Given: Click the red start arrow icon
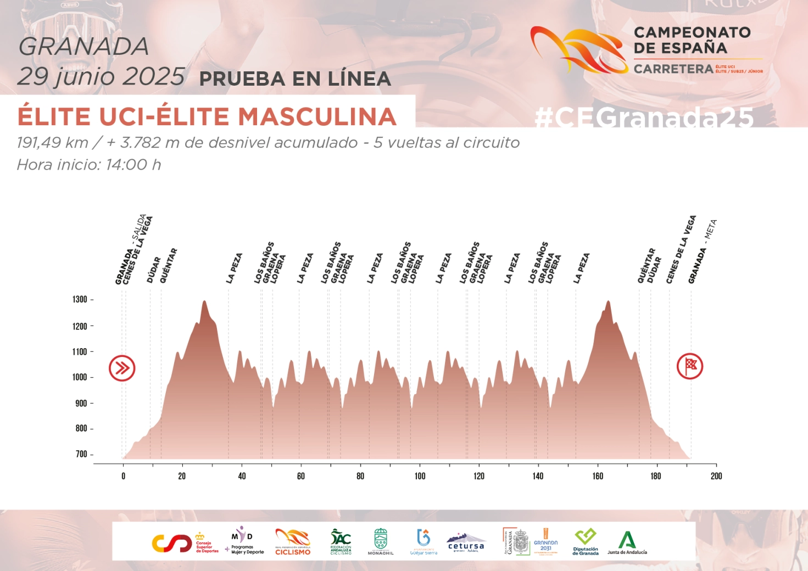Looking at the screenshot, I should (122, 368).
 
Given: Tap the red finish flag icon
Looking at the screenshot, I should (690, 366).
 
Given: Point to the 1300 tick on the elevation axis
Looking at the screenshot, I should (80, 299).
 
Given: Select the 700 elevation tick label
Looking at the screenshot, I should (81, 454).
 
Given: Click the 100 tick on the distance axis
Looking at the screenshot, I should (420, 476).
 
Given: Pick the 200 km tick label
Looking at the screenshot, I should (716, 476).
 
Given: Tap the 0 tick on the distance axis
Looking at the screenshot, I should (123, 476).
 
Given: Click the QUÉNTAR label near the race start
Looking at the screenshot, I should (169, 266).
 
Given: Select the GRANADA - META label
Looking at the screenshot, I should (703, 252).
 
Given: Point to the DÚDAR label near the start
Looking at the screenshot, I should (154, 270).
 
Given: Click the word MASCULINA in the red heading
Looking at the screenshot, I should (317, 117).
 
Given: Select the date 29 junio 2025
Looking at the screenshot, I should (101, 77).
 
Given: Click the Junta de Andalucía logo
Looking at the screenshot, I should (627, 542).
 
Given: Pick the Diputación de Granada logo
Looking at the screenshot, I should (586, 541).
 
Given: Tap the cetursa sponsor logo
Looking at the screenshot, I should (466, 542).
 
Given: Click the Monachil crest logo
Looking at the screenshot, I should (381, 541).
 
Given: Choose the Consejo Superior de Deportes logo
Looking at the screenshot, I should (185, 543).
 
